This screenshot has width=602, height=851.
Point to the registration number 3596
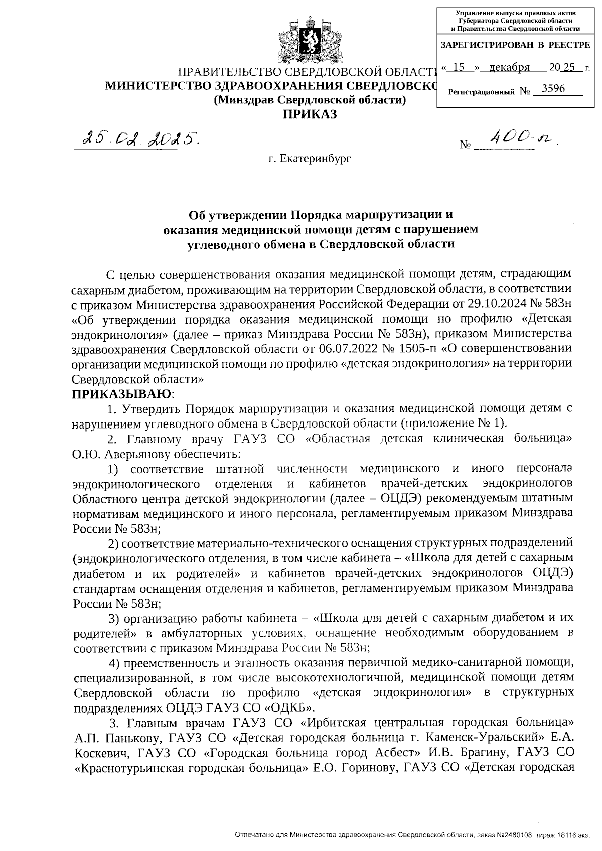(x=549, y=89)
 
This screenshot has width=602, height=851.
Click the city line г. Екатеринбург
(x=309, y=159)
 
